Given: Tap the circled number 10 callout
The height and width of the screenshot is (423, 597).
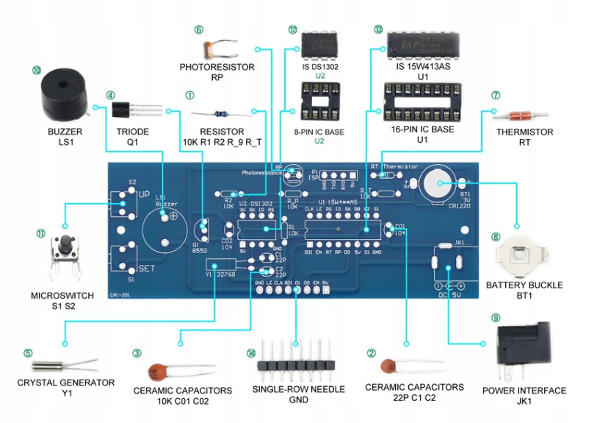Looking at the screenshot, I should pos(37,71).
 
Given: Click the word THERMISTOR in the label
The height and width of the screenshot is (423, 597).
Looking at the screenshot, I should pos(525,132).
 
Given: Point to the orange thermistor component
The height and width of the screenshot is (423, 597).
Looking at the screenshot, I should pos(520,115).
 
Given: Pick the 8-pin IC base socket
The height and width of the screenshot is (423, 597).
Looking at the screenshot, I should pos(319,102).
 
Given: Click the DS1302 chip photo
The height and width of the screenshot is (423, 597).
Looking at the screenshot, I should pos(319,45).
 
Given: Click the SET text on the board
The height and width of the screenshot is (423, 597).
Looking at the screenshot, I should pos(147,269).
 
